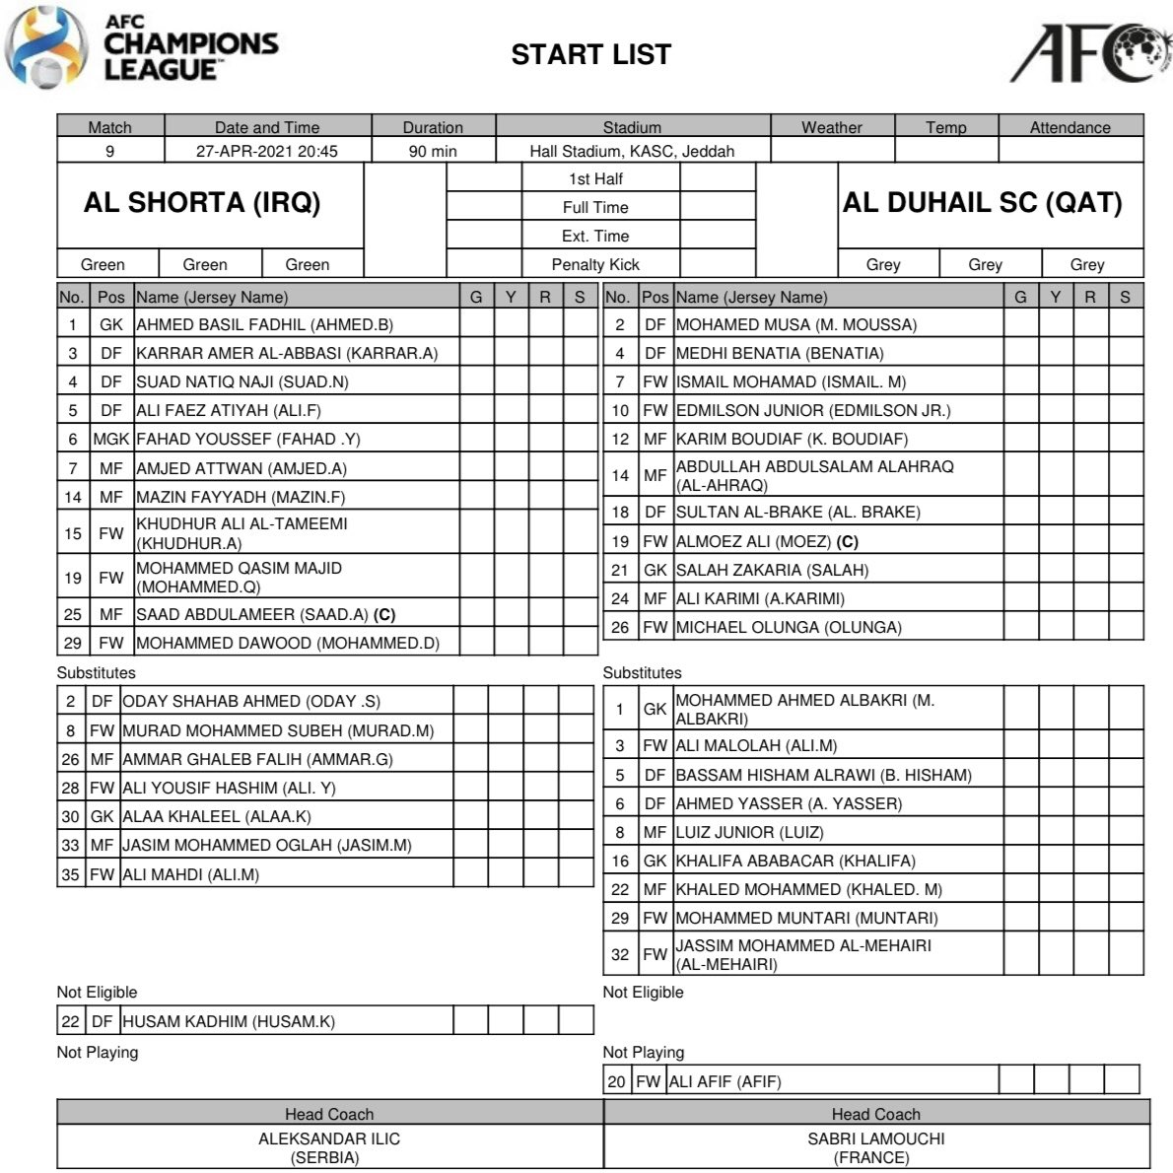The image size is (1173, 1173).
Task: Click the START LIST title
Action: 590,54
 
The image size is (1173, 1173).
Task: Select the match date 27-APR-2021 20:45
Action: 266,152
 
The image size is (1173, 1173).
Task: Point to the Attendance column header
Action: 1069,127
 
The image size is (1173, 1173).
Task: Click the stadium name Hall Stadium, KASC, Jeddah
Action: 632,152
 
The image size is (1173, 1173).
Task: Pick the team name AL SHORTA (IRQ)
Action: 202,203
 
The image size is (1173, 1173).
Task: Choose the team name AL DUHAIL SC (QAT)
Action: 982,203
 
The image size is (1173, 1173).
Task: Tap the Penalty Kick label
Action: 595,264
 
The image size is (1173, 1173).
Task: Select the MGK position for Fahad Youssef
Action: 110,440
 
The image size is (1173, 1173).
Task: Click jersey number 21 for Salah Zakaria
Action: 619,570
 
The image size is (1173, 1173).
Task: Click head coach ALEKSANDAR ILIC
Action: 329,1138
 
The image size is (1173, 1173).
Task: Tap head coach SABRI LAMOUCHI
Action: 875,1138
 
